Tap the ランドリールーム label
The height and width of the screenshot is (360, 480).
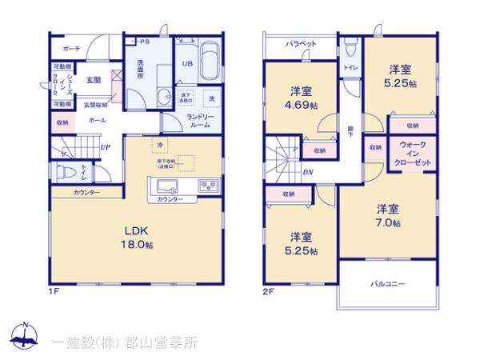pos(199,122)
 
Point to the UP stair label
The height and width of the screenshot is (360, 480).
pos(106,146)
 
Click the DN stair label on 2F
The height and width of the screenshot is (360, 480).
pos(307,172)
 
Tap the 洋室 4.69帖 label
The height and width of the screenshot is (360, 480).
pos(302,98)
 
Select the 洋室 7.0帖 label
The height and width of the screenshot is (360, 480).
pos(390,215)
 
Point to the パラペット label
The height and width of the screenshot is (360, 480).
pos(302,44)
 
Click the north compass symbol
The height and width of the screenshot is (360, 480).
pos(26,336)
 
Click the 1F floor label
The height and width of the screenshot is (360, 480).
pos(55,291)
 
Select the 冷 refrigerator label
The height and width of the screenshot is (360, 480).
pos(160,145)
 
